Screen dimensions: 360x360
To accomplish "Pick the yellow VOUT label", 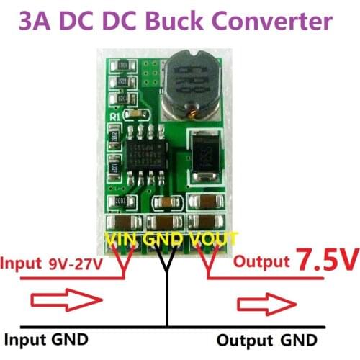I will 212,238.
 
